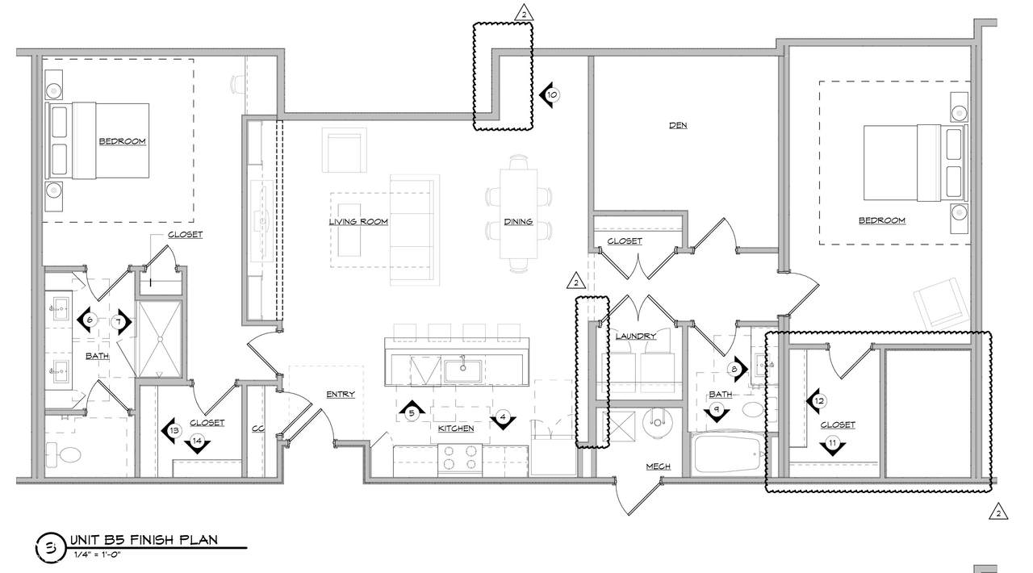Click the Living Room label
[358, 221]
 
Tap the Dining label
[518, 221]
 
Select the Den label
[678, 125]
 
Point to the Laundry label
[635, 336]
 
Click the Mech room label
[658, 466]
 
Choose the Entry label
[341, 394]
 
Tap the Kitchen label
[456, 429]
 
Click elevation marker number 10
[550, 95]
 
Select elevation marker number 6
[88, 320]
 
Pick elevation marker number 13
[172, 431]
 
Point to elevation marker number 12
[817, 401]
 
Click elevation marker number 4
[503, 418]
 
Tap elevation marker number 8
[737, 369]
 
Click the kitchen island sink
[462, 371]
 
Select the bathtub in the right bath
[727, 454]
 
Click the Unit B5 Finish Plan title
[144, 540]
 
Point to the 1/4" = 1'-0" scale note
[98, 555]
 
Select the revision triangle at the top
[524, 13]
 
